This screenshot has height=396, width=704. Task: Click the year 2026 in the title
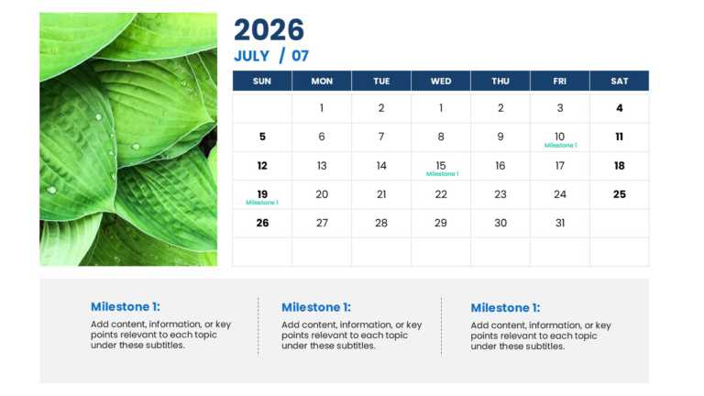pyautogui.click(x=269, y=30)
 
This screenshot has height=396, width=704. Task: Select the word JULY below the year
pyautogui.click(x=251, y=56)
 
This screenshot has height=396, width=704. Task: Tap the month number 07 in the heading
pyautogui.click(x=301, y=56)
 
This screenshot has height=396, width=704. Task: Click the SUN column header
pyautogui.click(x=262, y=81)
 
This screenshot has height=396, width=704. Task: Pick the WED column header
pyautogui.click(x=441, y=81)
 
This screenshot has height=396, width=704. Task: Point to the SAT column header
pyautogui.click(x=620, y=81)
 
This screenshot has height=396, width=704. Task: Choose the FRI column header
pyautogui.click(x=560, y=81)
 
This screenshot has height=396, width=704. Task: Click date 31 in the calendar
pyautogui.click(x=560, y=223)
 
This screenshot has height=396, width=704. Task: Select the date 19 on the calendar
pyautogui.click(x=262, y=193)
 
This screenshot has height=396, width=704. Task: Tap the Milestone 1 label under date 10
pyautogui.click(x=560, y=145)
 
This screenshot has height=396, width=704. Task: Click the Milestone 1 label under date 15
pyautogui.click(x=442, y=173)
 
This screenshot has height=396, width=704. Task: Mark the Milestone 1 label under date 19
pyautogui.click(x=262, y=202)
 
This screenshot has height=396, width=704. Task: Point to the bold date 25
pyautogui.click(x=620, y=194)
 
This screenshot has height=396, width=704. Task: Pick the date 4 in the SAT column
pyautogui.click(x=620, y=108)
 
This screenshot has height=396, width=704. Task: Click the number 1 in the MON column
pyautogui.click(x=322, y=108)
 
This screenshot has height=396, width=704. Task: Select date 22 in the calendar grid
pyautogui.click(x=441, y=194)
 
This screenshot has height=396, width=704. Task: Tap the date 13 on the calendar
pyautogui.click(x=322, y=166)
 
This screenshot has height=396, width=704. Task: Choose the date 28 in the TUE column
pyautogui.click(x=381, y=223)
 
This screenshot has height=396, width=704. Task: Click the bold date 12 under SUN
pyautogui.click(x=262, y=166)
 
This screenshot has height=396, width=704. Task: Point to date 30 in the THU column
pyautogui.click(x=500, y=223)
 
